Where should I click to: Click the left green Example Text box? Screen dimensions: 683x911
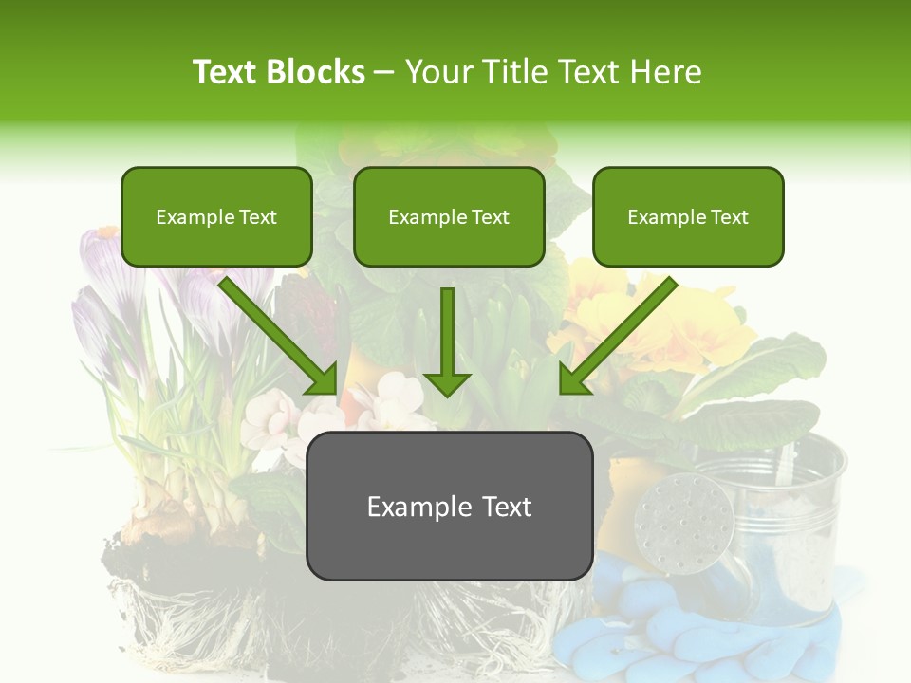[216, 217]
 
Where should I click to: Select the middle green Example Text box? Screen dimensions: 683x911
[449, 217]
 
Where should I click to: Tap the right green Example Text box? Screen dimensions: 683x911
[688, 217]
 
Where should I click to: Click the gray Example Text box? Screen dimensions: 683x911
[449, 506]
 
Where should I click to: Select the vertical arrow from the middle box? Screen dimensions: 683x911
[447, 337]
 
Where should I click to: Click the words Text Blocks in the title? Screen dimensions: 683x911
[278, 72]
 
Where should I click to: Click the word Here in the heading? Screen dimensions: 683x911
[669, 72]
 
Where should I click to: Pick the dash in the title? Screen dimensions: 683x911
[384, 72]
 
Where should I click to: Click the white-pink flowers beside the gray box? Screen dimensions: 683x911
[275, 417]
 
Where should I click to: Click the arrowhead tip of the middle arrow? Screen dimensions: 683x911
[447, 394]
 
